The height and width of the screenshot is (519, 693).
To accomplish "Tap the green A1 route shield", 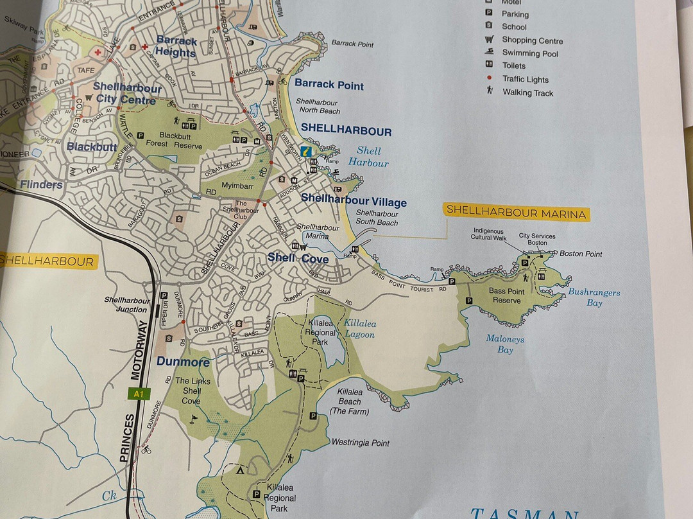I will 138,394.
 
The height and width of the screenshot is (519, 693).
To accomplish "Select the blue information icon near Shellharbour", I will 307,152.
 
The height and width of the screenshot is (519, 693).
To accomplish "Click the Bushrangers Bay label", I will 594,297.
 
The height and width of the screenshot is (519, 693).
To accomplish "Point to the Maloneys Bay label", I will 504,344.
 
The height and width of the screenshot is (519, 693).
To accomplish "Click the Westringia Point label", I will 360,443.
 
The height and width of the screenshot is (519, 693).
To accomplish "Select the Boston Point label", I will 581,254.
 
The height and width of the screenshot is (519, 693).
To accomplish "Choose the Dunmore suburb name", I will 183,362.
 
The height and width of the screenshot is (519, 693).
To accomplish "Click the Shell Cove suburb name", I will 298,258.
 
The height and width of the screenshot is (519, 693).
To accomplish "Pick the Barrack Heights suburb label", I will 176,46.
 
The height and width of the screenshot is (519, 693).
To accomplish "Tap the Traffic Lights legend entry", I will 525,79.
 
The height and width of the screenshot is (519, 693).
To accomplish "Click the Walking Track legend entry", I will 527,92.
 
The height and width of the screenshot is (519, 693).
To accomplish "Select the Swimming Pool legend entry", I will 529,53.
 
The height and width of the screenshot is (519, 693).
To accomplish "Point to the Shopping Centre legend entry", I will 532,40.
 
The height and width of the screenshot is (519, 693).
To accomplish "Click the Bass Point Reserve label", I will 506,295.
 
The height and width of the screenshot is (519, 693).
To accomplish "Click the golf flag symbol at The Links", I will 195,419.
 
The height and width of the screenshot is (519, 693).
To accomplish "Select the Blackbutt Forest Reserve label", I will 180,141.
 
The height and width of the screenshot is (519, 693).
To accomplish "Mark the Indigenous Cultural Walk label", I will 490,234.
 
